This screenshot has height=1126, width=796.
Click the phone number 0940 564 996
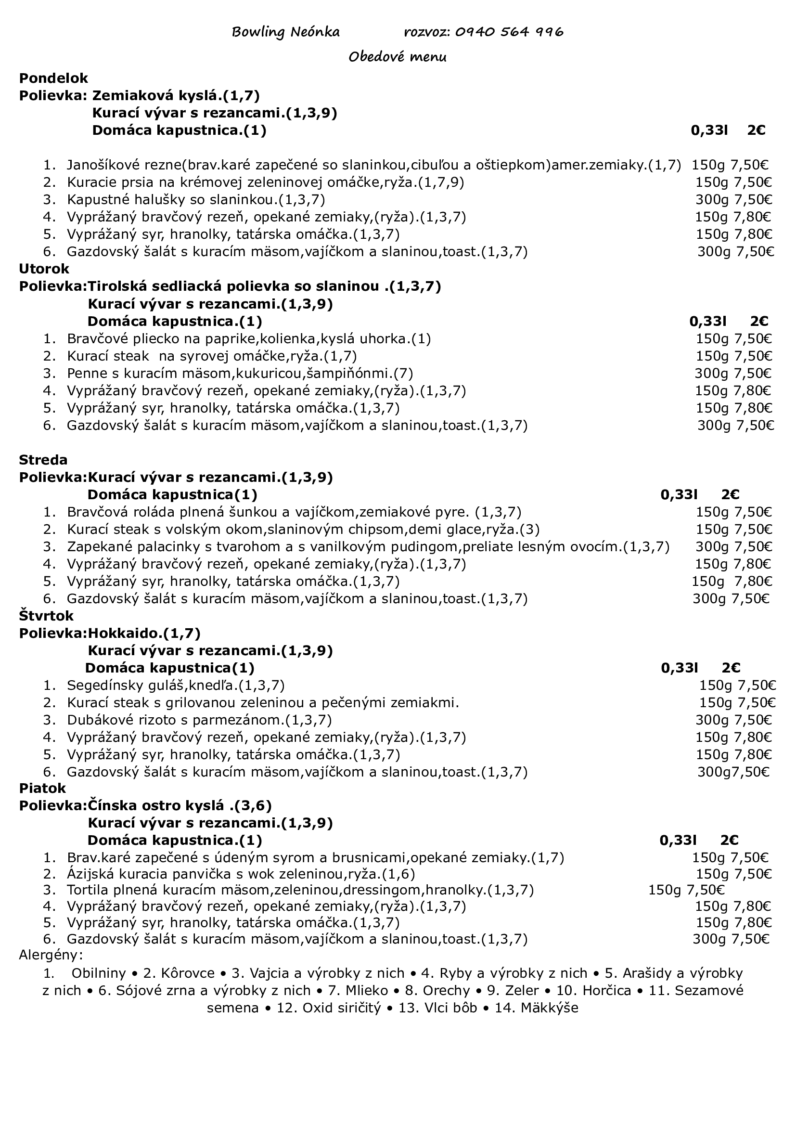pyautogui.click(x=509, y=32)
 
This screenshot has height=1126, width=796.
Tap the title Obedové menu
pyautogui.click(x=398, y=57)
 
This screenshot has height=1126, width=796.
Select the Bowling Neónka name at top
pyautogui.click(x=286, y=32)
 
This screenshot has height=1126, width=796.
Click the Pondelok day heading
pyautogui.click(x=53, y=78)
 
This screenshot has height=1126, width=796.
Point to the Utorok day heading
pyautogui.click(x=44, y=269)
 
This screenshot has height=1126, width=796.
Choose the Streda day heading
pyautogui.click(x=43, y=460)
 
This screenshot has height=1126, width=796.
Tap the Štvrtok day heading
pyautogui.click(x=46, y=616)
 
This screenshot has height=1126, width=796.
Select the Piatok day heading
pyautogui.click(x=42, y=788)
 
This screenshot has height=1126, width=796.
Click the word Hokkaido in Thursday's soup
pyautogui.click(x=124, y=633)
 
